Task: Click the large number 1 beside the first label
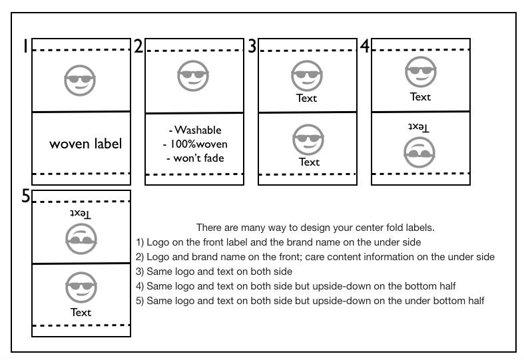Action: point(25,46)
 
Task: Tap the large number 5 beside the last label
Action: point(26,196)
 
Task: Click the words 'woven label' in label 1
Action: point(85,144)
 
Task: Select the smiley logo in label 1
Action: point(80,81)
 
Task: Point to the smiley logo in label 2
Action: point(193,76)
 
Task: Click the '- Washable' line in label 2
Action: point(195,130)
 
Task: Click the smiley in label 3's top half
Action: point(307,76)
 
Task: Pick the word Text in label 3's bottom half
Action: point(309,162)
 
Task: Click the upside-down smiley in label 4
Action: point(419,152)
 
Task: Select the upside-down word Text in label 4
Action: point(419,127)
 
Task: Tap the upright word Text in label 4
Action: point(420,97)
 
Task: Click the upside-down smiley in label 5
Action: point(81,239)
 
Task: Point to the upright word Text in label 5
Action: point(81,312)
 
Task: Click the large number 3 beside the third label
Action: point(252,46)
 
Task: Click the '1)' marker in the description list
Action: point(140,242)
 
